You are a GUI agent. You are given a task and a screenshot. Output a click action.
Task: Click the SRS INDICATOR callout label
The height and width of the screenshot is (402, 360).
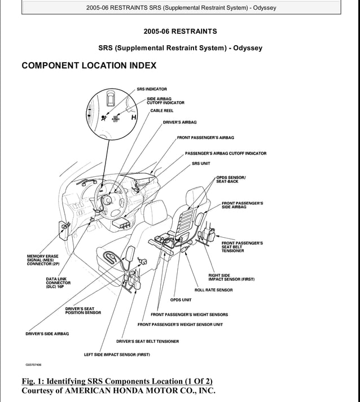click(151, 89)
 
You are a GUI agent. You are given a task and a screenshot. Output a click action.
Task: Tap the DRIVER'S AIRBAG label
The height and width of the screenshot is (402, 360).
click(179, 122)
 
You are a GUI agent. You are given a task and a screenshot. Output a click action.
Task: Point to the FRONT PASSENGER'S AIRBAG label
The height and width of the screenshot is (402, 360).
click(205, 138)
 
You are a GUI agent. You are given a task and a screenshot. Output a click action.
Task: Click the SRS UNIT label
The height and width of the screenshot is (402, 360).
click(201, 164)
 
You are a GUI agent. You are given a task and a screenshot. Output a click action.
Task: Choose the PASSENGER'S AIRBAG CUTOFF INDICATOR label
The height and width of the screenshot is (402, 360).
click(225, 154)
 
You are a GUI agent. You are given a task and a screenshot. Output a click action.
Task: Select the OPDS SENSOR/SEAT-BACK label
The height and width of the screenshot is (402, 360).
click(230, 180)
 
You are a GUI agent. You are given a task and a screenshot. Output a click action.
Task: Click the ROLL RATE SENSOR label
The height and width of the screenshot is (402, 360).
click(213, 290)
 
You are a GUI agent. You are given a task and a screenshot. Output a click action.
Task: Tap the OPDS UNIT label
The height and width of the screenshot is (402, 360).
click(181, 300)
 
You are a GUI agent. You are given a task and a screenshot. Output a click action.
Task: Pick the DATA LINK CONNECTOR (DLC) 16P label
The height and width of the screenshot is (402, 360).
click(58, 283)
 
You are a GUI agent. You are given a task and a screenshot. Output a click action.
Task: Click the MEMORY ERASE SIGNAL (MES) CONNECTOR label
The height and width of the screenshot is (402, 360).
click(43, 260)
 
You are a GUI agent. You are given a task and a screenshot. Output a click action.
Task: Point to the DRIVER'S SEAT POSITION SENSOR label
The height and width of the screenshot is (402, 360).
click(83, 311)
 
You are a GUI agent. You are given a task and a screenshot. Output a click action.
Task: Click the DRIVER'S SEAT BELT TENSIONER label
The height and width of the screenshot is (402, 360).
click(147, 342)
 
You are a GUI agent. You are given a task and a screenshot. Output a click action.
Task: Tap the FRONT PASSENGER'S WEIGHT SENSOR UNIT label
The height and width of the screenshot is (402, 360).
click(180, 325)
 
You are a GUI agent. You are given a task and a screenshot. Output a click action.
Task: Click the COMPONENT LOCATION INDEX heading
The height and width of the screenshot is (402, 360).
click(89, 66)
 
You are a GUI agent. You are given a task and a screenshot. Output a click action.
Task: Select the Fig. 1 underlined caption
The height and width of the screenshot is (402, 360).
click(117, 381)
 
